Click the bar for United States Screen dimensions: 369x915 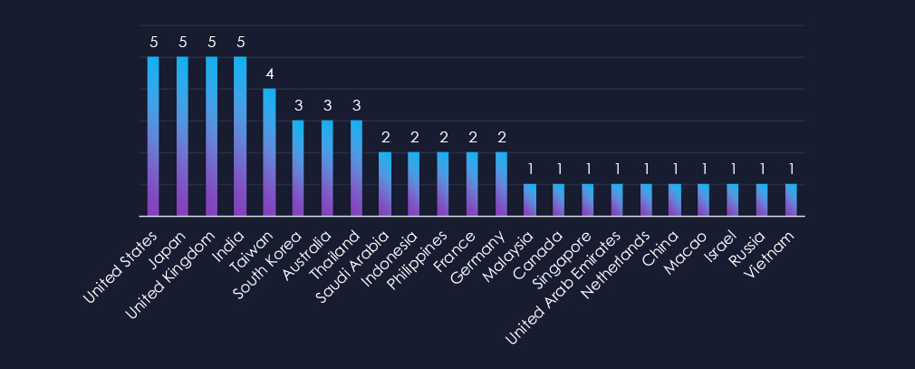pyautogui.click(x=153, y=136)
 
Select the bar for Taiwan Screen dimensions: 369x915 pyautogui.click(x=269, y=152)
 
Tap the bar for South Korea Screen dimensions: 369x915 pyautogui.click(x=298, y=168)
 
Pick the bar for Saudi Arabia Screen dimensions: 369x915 pyautogui.click(x=384, y=184)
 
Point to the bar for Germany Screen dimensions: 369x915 pyautogui.click(x=501, y=184)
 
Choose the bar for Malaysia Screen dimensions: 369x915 pyautogui.click(x=530, y=199)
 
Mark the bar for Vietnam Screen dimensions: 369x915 pyautogui.click(x=791, y=199)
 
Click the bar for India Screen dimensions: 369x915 pyautogui.click(x=240, y=136)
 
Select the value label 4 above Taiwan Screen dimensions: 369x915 pyautogui.click(x=269, y=73)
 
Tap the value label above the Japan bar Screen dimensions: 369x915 pyautogui.click(x=182, y=42)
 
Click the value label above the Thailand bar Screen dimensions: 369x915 pyautogui.click(x=356, y=105)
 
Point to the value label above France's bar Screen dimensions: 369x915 pyautogui.click(x=472, y=137)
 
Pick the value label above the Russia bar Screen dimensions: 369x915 pyautogui.click(x=762, y=169)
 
